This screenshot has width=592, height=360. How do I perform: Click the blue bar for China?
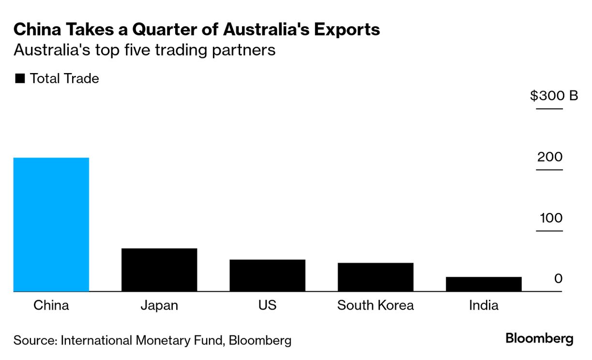pyautogui.click(x=51, y=225)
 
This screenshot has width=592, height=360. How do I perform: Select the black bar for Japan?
pyautogui.click(x=159, y=270)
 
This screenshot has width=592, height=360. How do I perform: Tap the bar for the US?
pyautogui.click(x=267, y=275)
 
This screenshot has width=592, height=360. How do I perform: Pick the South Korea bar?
pyautogui.click(x=375, y=277)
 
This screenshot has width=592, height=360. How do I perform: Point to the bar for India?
pyautogui.click(x=484, y=284)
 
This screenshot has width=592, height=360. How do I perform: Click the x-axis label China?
pyautogui.click(x=51, y=306)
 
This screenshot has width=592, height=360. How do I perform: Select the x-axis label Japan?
pyautogui.click(x=159, y=306)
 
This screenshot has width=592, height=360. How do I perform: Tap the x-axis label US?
pyautogui.click(x=267, y=306)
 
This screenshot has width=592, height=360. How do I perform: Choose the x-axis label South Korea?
pyautogui.click(x=375, y=306)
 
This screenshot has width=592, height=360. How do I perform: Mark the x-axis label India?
pyautogui.click(x=484, y=306)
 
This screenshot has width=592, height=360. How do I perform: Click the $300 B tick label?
pyautogui.click(x=554, y=96)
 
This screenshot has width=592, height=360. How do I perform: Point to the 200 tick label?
pyautogui.click(x=549, y=157)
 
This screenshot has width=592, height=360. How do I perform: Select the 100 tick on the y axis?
pyautogui.click(x=551, y=218)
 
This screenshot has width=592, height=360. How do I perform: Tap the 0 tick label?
pyautogui.click(x=559, y=279)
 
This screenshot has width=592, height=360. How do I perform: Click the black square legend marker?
pyautogui.click(x=20, y=79)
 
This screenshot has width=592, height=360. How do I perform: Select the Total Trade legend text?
pyautogui.click(x=64, y=78)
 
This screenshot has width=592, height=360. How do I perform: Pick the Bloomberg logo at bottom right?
pyautogui.click(x=539, y=338)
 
